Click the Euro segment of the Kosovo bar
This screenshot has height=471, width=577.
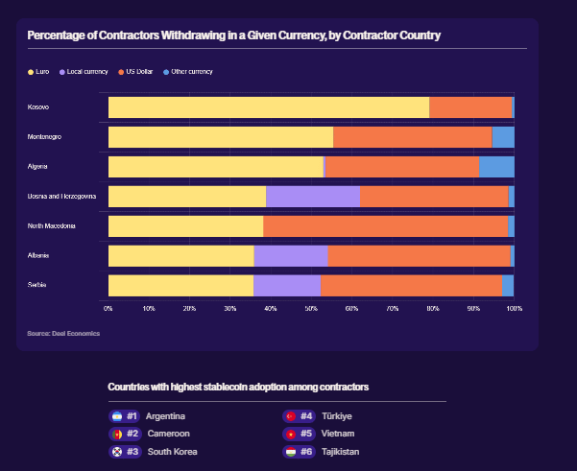click(x=269, y=106)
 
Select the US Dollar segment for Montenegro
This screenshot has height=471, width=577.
click(x=412, y=136)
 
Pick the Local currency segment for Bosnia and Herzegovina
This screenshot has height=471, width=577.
click(x=313, y=197)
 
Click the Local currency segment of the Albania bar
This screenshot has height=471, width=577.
click(x=291, y=255)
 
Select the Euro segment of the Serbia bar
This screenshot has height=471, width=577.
click(x=180, y=285)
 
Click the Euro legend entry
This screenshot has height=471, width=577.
click(x=41, y=72)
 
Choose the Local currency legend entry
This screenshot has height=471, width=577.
click(x=84, y=72)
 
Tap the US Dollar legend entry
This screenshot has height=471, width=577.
click(x=136, y=72)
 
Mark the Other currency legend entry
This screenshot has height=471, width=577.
click(x=188, y=72)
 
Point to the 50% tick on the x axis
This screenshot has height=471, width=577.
click(x=311, y=308)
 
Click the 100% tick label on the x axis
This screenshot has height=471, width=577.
click(x=515, y=308)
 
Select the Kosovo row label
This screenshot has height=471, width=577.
click(x=39, y=106)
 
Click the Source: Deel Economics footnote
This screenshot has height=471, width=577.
click(x=63, y=334)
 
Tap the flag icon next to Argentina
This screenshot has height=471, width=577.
click(x=116, y=416)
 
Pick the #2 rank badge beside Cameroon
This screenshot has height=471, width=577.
click(x=132, y=434)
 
